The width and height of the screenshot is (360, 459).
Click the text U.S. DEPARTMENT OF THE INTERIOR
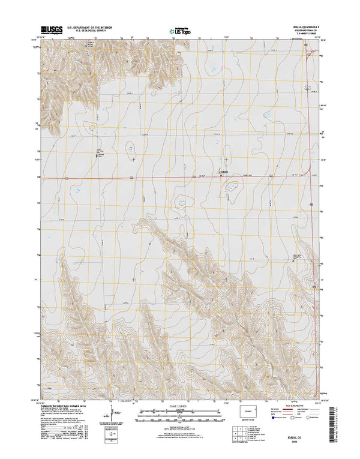(x=94, y=27)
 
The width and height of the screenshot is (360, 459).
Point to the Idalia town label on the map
(x=226, y=175)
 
